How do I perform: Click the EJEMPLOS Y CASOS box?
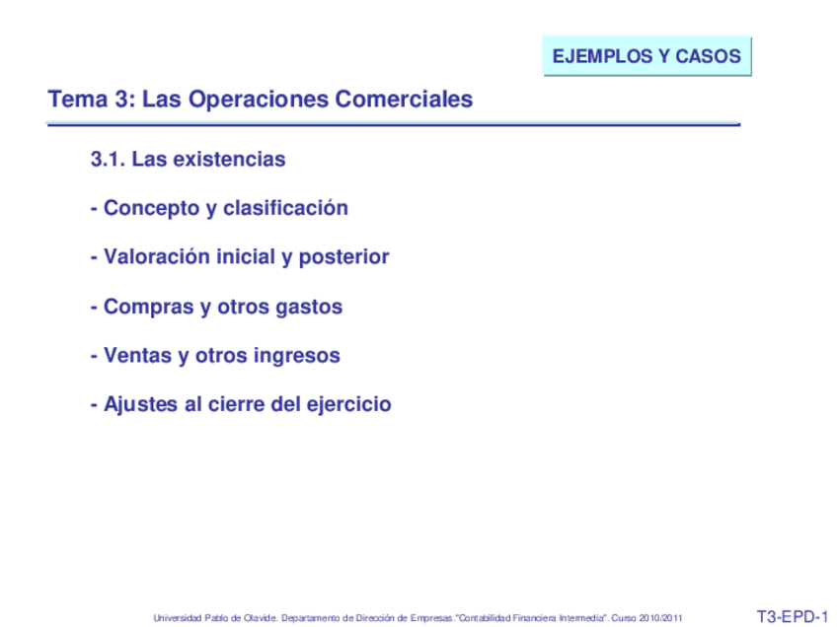point(647,56)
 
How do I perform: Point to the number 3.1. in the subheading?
point(108,159)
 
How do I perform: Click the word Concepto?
point(150,208)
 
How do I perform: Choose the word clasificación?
point(285,208)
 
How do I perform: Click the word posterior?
point(343,257)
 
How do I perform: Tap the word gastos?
point(309,308)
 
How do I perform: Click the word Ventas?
point(137,356)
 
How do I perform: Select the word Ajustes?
point(141,405)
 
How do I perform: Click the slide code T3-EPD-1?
point(792,617)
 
